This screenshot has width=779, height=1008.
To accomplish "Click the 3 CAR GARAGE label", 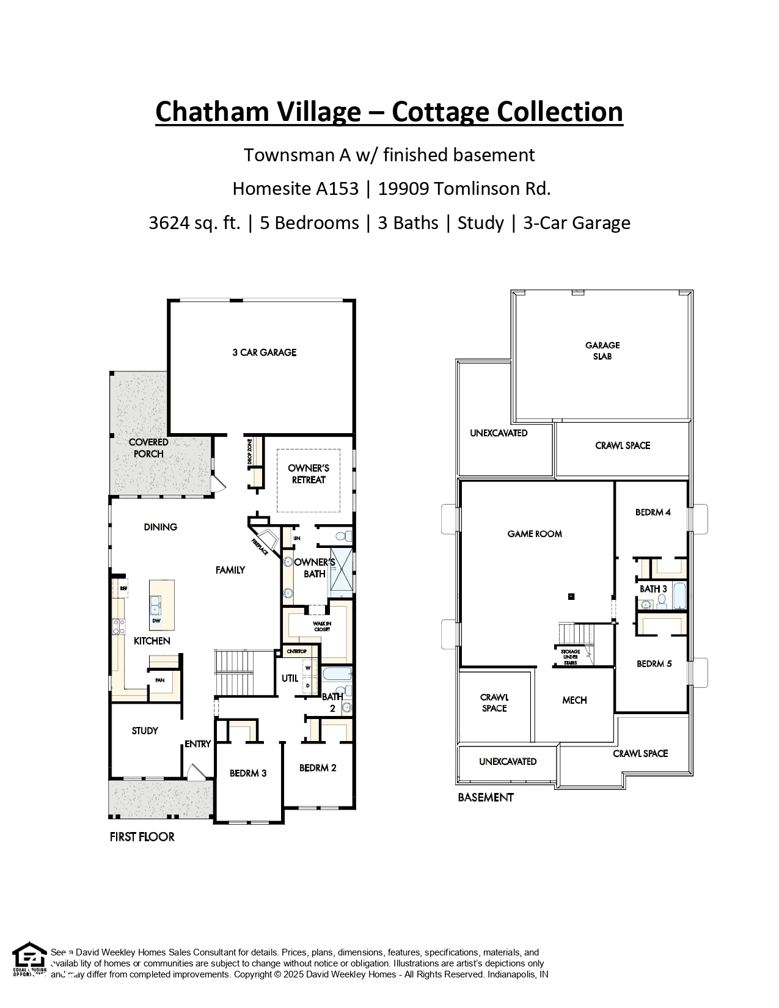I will coord(264,352).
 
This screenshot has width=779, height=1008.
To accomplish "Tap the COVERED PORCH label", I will coord(148,448).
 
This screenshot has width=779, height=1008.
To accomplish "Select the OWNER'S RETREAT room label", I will coord(309,474).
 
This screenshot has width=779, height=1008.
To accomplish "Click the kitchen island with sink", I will coord(161,605).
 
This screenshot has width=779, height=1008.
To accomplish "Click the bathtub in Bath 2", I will coord(336,675).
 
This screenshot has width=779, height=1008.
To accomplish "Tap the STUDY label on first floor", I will coord(145,731).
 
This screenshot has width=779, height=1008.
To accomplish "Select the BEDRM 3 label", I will coord(248,773).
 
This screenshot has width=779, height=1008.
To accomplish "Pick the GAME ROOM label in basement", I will coord(535,534).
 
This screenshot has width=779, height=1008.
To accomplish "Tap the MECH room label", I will coord(574,700).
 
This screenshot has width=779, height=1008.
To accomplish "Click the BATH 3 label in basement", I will coord(653,589).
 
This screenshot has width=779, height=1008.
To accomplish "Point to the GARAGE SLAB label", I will coord(602,351).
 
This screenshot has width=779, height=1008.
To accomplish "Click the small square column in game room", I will coord(571,596).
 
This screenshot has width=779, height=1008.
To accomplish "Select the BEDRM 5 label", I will coord(654,663).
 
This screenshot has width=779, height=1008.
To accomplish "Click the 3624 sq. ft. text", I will coord(194,223).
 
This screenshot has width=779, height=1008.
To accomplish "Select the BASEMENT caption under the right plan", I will coord(486,797).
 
